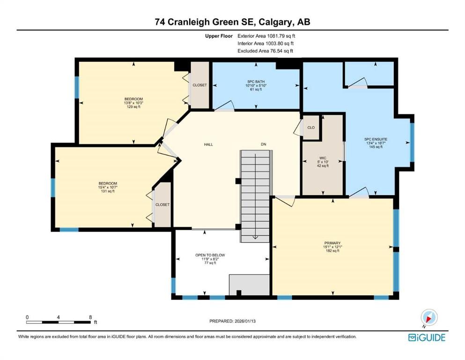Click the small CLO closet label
(x=311, y=127)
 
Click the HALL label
(x=208, y=144)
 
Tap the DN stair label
(x=264, y=144)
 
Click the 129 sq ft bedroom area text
(x=133, y=107)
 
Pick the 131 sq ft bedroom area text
(x=108, y=191)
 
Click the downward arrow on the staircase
(x=255, y=236)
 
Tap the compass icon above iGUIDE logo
(x=429, y=317)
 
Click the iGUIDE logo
(x=427, y=337)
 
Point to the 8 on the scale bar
(x=90, y=317)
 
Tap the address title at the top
(x=232, y=22)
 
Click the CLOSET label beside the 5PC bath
(x=200, y=85)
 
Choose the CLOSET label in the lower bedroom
(x=162, y=205)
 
